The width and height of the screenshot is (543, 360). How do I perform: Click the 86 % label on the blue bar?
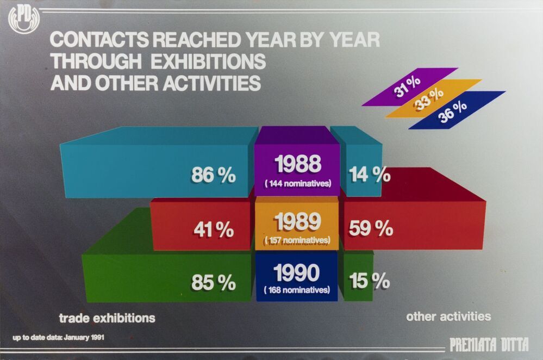213,175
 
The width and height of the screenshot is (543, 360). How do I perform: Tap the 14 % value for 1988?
370,175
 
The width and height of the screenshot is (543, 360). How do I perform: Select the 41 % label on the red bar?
214,229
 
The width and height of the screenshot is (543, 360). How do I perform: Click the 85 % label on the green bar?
213,282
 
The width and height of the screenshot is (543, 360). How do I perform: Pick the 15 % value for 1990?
370,282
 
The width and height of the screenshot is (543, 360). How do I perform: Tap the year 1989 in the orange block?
297,221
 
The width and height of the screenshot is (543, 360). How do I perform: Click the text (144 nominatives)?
297,183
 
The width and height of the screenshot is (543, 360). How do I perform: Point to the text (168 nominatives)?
297,290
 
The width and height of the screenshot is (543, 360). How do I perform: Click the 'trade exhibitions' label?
107,317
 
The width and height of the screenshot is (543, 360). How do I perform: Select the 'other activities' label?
448,316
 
